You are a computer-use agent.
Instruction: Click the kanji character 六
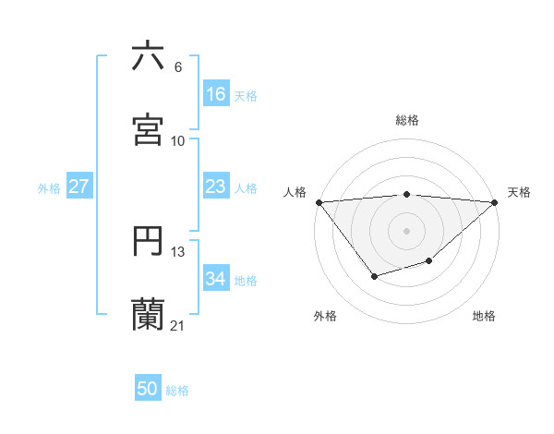[148, 56]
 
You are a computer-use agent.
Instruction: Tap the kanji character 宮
[148, 129]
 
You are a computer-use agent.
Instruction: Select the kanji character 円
[148, 241]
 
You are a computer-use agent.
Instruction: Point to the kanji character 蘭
[148, 314]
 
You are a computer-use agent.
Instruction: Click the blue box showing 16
[215, 94]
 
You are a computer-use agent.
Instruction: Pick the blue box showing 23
[215, 187]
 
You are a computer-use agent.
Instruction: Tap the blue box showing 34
[215, 280]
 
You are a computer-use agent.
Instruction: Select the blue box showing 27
[78, 187]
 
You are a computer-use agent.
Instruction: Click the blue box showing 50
[148, 390]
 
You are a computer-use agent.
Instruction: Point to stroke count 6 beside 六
[178, 67]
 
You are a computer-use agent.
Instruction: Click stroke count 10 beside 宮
[178, 140]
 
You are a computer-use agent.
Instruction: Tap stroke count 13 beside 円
[178, 252]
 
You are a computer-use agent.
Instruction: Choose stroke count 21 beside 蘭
[178, 325]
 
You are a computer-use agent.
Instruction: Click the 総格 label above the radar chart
[406, 120]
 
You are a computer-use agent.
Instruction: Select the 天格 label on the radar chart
[519, 192]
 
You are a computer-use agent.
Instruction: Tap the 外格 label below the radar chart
[325, 316]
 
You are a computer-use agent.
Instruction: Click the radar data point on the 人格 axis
[319, 202]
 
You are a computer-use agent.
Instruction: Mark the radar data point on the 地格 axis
[428, 261]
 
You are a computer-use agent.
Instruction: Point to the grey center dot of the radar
[406, 230]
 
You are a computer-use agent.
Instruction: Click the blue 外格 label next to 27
[49, 188]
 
